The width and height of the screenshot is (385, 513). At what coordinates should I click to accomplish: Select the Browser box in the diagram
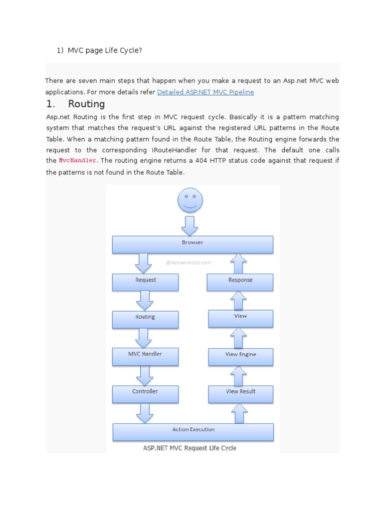(x=192, y=244)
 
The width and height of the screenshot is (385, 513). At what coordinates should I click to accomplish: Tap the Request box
(x=145, y=282)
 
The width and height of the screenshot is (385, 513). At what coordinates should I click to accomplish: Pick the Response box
(x=240, y=282)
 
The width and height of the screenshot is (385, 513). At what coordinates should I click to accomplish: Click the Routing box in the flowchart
(x=145, y=319)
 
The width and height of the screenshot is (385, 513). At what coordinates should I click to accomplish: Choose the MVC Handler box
(x=145, y=356)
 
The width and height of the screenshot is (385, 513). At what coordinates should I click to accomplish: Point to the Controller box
(x=145, y=394)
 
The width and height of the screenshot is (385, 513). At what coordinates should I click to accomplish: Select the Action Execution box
(x=193, y=431)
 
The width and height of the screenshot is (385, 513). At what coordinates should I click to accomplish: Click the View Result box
(x=241, y=394)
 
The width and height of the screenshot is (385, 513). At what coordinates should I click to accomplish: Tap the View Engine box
(x=241, y=356)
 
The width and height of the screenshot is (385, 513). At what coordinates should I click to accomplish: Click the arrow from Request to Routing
(x=144, y=301)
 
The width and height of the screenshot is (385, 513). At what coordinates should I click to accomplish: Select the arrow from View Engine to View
(x=239, y=338)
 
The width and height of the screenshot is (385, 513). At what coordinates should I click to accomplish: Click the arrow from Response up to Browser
(x=239, y=263)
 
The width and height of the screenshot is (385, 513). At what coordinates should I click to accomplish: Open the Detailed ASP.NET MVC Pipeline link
(x=206, y=92)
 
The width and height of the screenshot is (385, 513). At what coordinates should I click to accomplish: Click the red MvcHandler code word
(x=77, y=160)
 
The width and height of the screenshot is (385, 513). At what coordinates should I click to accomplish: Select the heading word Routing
(x=86, y=104)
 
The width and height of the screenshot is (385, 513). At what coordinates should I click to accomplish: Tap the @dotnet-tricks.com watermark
(x=188, y=262)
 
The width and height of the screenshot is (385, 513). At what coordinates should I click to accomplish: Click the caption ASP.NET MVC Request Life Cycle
(x=189, y=448)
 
